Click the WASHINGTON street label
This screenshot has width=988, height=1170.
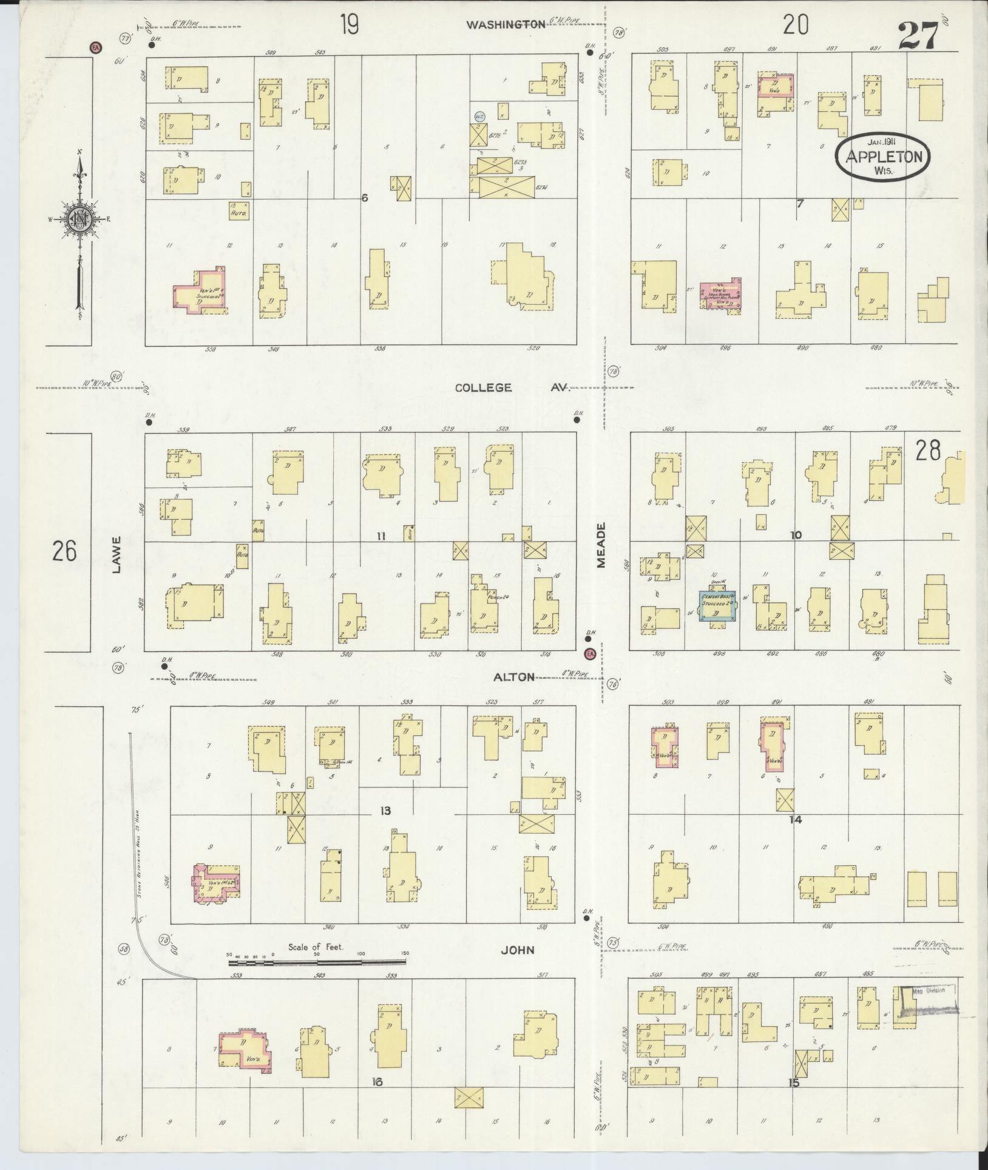(505, 24)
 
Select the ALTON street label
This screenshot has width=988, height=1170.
(513, 677)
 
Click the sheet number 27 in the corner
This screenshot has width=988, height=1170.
(918, 36)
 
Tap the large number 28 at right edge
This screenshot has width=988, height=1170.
(928, 451)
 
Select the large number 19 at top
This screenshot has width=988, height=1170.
(349, 26)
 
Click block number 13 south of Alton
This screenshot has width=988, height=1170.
(385, 811)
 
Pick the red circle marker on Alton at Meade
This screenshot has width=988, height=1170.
(589, 653)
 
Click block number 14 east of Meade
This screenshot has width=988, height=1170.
(795, 819)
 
